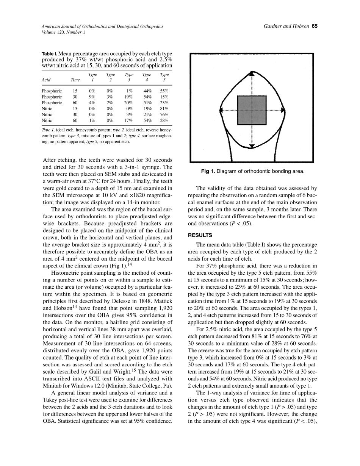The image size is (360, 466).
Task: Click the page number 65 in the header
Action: (314, 27)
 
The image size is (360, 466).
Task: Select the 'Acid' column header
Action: (46, 80)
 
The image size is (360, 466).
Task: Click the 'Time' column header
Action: (75, 80)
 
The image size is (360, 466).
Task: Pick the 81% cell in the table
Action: (164, 109)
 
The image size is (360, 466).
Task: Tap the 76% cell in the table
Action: (164, 114)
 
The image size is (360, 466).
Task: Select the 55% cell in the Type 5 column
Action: (164, 91)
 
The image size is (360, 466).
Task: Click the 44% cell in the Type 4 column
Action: (147, 91)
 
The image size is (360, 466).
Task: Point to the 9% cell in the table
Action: (92, 97)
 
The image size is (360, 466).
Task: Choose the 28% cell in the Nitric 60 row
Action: (164, 120)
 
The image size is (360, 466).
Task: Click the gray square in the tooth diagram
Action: (252, 110)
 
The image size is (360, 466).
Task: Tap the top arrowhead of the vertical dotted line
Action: (252, 73)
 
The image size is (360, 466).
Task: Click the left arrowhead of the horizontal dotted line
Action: (222, 110)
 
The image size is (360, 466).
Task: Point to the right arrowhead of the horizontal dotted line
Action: (283, 110)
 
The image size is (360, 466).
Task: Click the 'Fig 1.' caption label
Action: (208, 172)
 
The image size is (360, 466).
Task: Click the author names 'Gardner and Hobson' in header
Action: (286, 27)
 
